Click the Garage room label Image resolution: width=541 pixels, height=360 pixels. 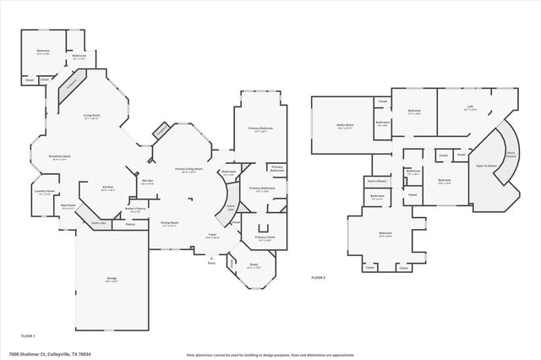pyautogui.click(x=112, y=278)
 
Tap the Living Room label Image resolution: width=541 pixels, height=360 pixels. pyautogui.click(x=91, y=116)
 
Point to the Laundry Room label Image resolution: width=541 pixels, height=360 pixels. pyautogui.click(x=44, y=192)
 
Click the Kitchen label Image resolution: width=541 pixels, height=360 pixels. pyautogui.click(x=108, y=188)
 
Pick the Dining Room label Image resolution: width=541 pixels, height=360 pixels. pyautogui.click(x=169, y=224)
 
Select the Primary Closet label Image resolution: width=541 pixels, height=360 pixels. pyautogui.click(x=264, y=239)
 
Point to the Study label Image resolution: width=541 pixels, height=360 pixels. pyautogui.click(x=254, y=266)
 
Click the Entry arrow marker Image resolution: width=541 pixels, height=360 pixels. pyautogui.click(x=211, y=261)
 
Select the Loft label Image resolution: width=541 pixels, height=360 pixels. pyautogui.click(x=470, y=107)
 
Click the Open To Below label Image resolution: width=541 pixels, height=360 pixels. pyautogui.click(x=485, y=166)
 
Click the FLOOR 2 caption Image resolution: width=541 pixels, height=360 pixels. pyautogui.click(x=318, y=277)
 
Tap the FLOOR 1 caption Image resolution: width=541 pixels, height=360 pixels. pyautogui.click(x=28, y=335)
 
